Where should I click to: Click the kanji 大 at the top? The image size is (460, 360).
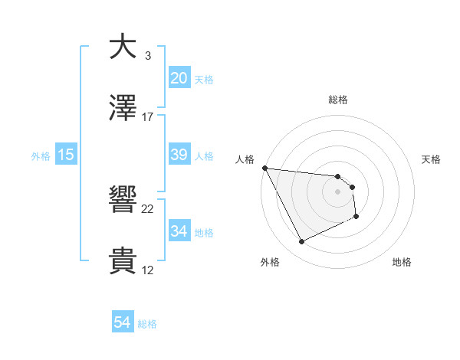(x=123, y=46)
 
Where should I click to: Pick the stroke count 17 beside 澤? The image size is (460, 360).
(x=148, y=117)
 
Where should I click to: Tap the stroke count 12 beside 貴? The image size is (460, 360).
(x=148, y=270)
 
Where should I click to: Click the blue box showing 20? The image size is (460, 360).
(x=179, y=77)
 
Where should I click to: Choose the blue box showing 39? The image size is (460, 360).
(x=179, y=154)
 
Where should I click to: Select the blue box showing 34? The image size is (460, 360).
(x=179, y=231)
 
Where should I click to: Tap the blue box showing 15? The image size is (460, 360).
(x=66, y=154)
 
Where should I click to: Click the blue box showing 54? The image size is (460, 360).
(x=123, y=322)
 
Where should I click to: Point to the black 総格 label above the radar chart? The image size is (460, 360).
(x=338, y=100)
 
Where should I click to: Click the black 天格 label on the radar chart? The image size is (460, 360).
(x=432, y=159)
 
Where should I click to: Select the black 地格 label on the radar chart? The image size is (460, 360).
(x=402, y=262)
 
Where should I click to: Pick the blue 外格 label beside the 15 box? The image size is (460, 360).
(x=41, y=155)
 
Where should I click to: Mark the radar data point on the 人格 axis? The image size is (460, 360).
(x=264, y=168)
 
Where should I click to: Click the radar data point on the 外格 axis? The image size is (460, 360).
(x=301, y=242)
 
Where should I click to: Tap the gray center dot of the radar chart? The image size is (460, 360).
(x=338, y=191)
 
